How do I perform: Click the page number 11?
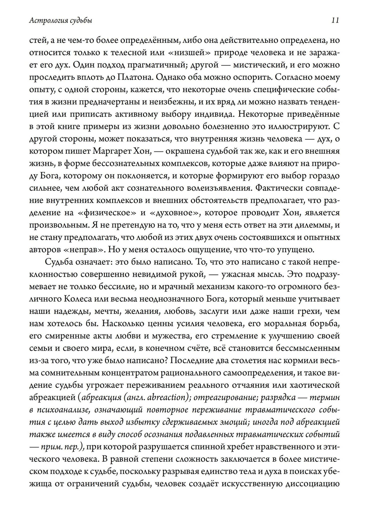335,21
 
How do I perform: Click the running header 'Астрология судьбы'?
61,21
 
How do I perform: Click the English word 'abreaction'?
168,397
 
